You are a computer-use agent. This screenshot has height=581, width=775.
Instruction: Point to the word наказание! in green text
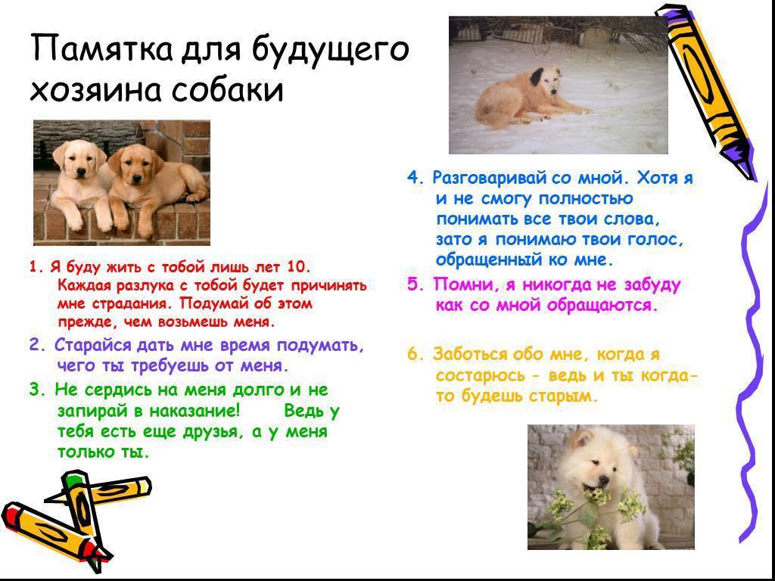195,411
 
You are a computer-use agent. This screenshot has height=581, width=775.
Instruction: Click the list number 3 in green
34,390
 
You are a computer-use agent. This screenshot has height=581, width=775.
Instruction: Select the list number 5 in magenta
412,285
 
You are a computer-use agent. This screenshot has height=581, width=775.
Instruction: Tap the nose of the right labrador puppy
136,174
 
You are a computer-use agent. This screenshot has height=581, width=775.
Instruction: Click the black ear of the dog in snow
537,76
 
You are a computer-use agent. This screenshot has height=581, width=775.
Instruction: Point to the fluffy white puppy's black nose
603,480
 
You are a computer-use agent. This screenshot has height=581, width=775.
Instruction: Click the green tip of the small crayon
73,478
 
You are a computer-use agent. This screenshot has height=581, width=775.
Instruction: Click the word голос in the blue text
658,240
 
